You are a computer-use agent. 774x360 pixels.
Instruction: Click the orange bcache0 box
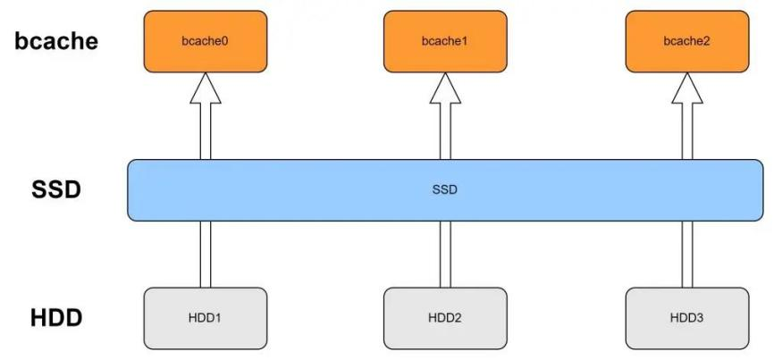205,41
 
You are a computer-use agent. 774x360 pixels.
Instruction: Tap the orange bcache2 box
686,41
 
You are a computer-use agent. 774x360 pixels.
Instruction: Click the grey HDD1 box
205,317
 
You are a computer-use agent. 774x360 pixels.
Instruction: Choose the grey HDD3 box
686,317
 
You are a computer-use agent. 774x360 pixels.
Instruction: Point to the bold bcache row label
55,41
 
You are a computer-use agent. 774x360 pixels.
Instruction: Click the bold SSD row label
55,190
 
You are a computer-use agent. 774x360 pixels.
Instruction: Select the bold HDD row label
55,317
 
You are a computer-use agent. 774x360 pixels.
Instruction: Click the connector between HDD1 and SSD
206,254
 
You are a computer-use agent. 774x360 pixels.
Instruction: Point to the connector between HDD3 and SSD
687,254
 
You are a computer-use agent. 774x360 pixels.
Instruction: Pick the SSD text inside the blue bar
444,190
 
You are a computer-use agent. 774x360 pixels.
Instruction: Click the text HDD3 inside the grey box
686,317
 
